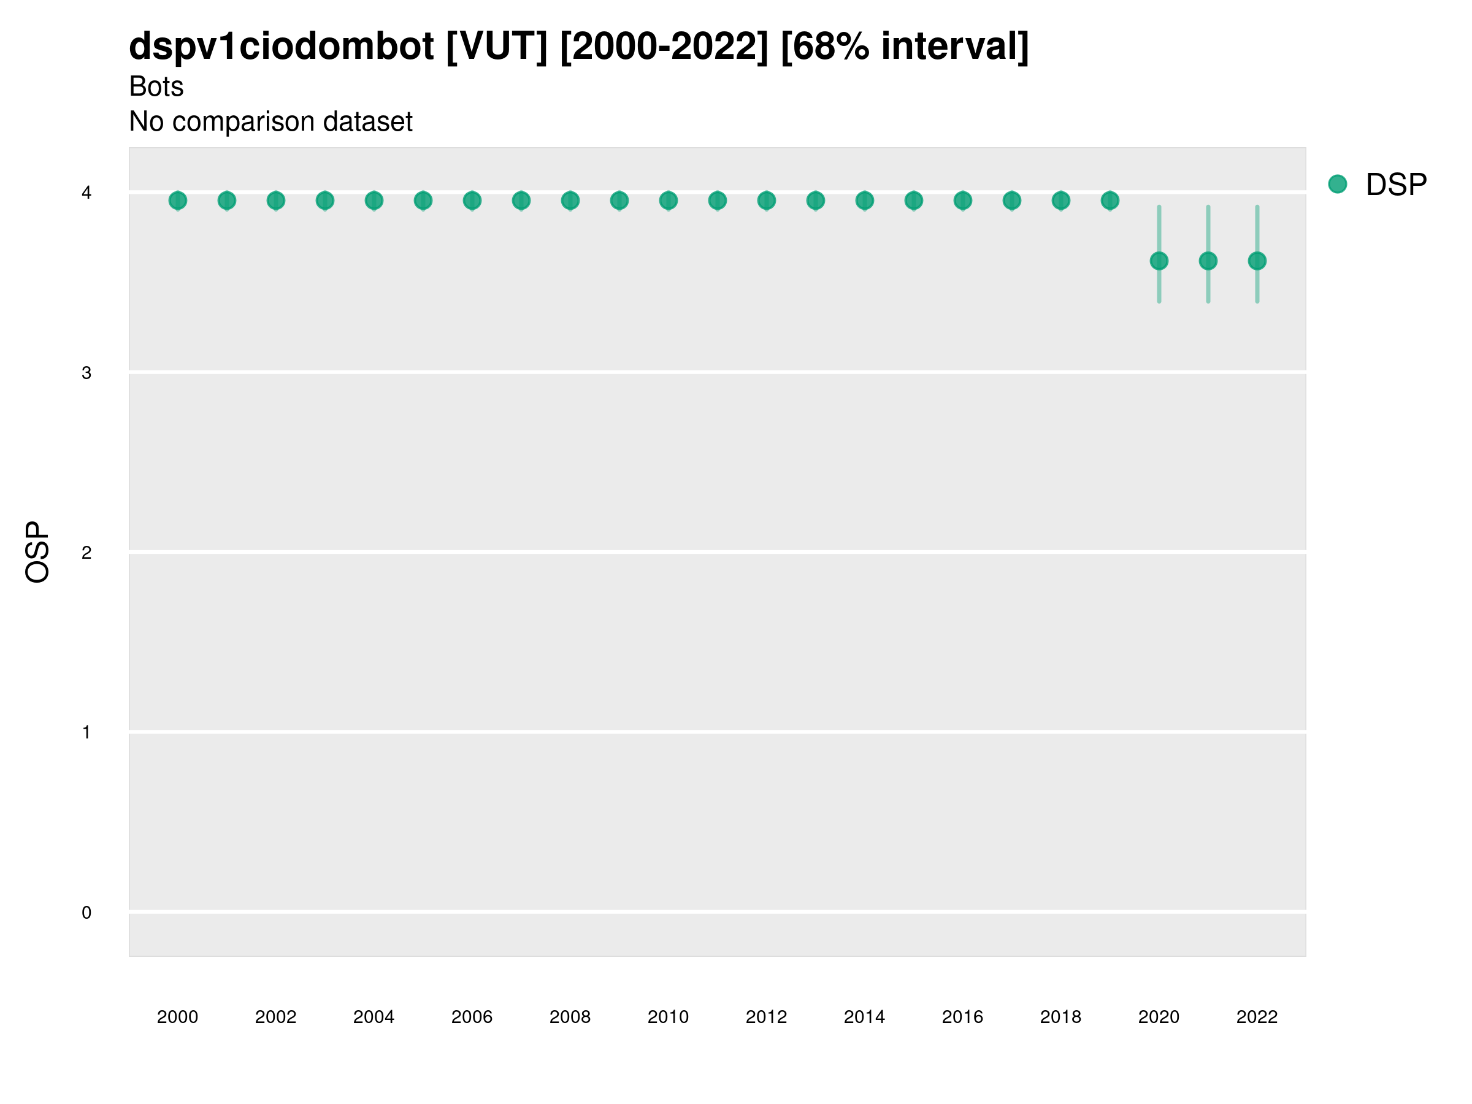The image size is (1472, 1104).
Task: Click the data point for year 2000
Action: [x=178, y=201]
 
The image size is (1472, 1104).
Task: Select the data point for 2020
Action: [x=1159, y=261]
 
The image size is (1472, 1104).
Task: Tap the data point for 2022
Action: [x=1257, y=261]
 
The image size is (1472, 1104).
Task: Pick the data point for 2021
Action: [x=1208, y=261]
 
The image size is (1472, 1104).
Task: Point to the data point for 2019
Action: [x=1110, y=201]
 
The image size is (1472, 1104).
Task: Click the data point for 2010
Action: [x=668, y=201]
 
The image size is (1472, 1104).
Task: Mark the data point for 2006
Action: [x=472, y=201]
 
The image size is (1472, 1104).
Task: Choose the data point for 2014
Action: [x=864, y=201]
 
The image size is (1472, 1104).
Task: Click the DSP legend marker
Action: [x=1338, y=185]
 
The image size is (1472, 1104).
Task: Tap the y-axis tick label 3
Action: [x=86, y=374]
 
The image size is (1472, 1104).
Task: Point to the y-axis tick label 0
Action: [x=86, y=913]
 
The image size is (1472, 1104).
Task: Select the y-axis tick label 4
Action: [x=86, y=193]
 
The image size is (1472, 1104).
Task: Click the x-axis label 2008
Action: [x=570, y=1017]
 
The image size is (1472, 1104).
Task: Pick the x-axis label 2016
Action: [x=962, y=1017]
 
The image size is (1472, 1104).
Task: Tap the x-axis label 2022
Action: [x=1257, y=1017]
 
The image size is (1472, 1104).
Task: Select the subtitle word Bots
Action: [x=156, y=86]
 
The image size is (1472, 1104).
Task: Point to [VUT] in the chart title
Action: [x=496, y=46]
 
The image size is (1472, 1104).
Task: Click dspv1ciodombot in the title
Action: [x=282, y=46]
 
